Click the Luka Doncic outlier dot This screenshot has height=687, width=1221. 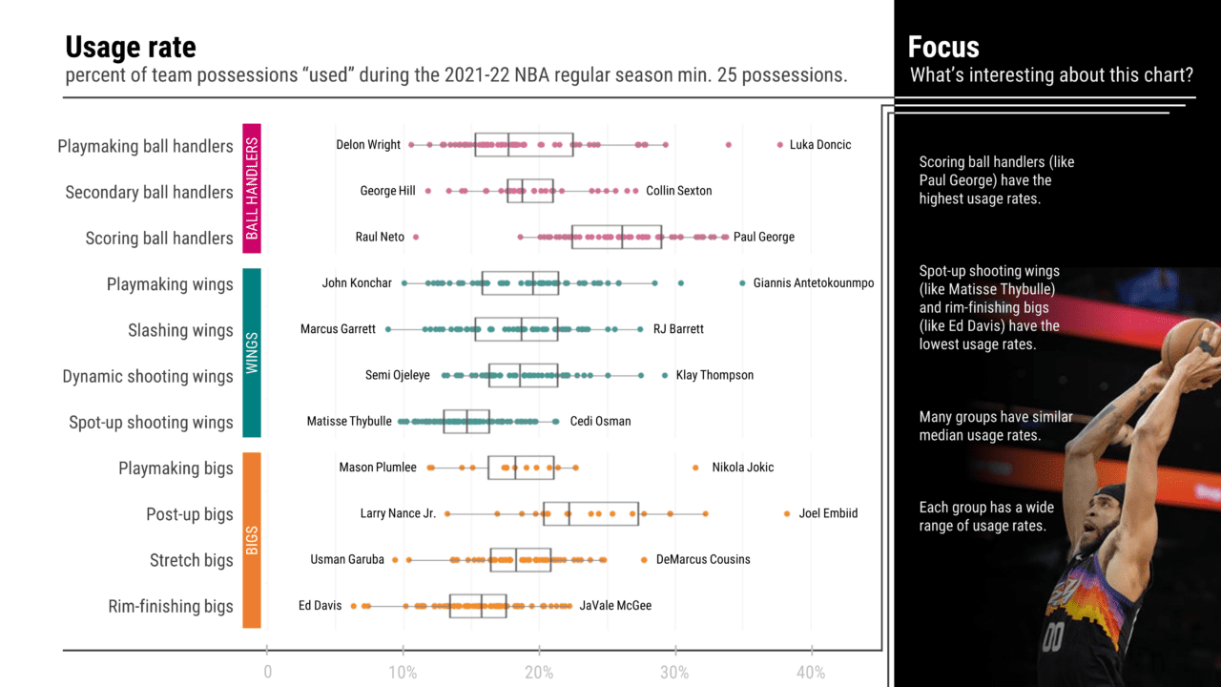[x=779, y=145]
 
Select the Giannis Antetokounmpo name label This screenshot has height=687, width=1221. [x=813, y=283]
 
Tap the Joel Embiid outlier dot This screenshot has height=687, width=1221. [x=787, y=513]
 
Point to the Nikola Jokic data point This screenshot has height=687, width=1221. [x=695, y=468]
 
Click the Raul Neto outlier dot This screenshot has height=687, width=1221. [x=415, y=237]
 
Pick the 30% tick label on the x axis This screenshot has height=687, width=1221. [x=674, y=673]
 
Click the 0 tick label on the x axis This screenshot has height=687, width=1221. [x=267, y=673]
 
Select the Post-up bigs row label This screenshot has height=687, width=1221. [x=191, y=514]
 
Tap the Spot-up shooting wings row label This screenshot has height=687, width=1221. [x=151, y=422]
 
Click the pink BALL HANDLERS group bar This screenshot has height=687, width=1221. [x=252, y=189]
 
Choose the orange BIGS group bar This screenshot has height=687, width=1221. [x=252, y=540]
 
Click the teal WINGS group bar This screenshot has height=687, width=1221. [x=252, y=353]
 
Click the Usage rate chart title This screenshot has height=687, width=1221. [x=131, y=47]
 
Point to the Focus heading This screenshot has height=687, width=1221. [x=943, y=47]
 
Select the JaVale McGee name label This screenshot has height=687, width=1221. [x=615, y=606]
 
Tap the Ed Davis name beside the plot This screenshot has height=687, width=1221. [x=320, y=606]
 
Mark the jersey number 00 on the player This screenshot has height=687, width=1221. [x=1052, y=636]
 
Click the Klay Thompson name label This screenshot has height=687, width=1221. [x=714, y=376]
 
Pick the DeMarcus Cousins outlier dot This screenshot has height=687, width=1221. [x=644, y=559]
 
